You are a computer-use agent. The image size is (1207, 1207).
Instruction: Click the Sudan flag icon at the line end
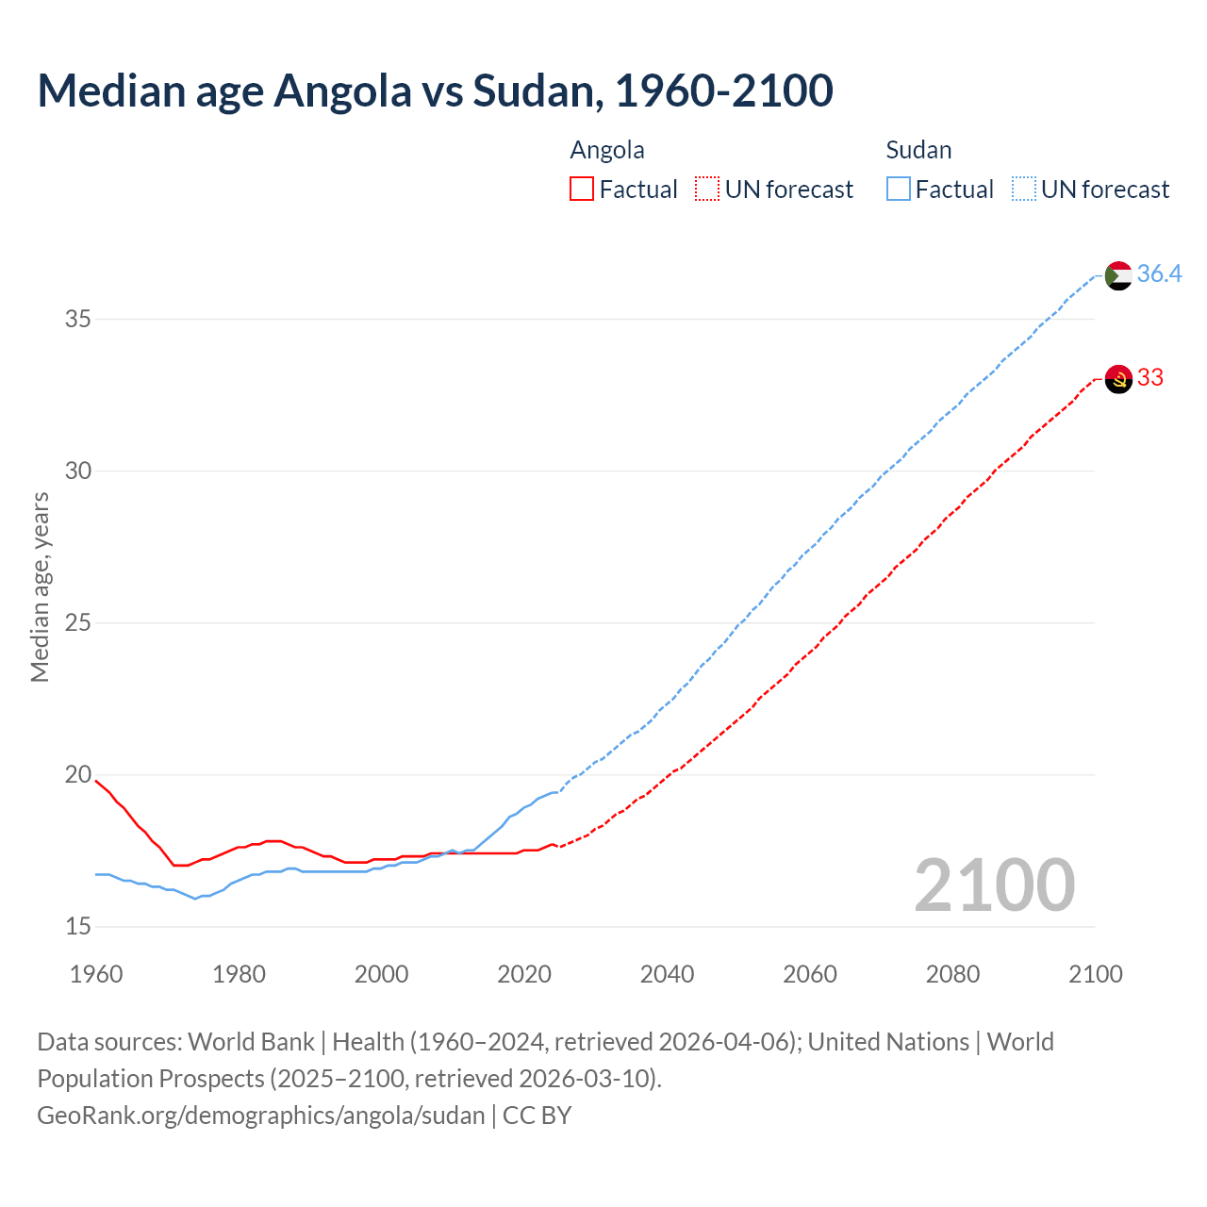click(1117, 275)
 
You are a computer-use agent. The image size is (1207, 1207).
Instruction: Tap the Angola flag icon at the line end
click(1117, 379)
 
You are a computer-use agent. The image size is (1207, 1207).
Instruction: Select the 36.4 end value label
click(1159, 273)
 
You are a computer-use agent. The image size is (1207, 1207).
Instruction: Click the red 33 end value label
click(1149, 377)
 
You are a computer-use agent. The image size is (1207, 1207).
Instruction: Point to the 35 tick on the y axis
click(78, 319)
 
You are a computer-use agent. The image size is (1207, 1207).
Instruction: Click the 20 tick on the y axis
click(78, 774)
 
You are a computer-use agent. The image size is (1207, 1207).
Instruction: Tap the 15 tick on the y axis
click(78, 926)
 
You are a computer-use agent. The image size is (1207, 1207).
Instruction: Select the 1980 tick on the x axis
click(239, 974)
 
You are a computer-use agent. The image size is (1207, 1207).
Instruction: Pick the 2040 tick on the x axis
click(667, 974)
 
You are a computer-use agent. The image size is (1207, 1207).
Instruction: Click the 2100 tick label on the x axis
click(1095, 974)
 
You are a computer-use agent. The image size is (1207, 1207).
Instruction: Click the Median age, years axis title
click(40, 587)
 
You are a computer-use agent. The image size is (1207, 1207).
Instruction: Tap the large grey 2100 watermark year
click(994, 885)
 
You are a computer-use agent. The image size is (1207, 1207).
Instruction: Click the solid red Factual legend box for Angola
click(582, 189)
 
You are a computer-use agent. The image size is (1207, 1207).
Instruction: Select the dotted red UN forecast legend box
click(706, 189)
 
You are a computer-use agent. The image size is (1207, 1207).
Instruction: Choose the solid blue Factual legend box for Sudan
click(899, 189)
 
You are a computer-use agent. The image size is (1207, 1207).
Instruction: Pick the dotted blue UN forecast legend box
click(1023, 189)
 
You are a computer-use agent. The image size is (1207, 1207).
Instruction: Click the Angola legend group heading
click(607, 150)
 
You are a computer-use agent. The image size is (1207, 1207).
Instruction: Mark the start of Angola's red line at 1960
click(96, 781)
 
